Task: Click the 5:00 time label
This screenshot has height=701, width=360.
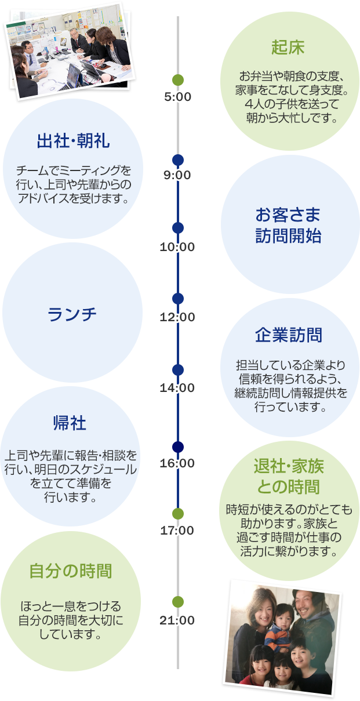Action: coord(177,97)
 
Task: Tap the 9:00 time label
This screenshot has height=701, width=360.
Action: coord(177,175)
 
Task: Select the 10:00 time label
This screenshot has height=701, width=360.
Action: coord(177,247)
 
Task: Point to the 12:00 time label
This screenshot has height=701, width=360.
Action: coord(177,317)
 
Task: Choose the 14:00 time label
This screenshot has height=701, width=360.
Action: coord(177,388)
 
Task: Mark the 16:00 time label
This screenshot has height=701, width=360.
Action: coord(177,463)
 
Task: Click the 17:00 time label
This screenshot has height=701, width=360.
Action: coord(177,530)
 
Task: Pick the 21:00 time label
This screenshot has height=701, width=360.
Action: coord(177,620)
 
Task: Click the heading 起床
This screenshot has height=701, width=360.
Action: coord(288,48)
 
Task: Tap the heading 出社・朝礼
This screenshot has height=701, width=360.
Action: coord(73,141)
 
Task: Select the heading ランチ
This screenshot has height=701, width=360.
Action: coord(72,314)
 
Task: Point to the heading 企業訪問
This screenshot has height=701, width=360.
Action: coord(288,335)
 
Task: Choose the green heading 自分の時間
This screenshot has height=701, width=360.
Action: coord(70,571)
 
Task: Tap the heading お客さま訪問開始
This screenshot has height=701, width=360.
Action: coord(288,226)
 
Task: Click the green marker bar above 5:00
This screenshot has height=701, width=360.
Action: coord(197,80)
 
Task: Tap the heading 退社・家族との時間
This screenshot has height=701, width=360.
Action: coord(288,475)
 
